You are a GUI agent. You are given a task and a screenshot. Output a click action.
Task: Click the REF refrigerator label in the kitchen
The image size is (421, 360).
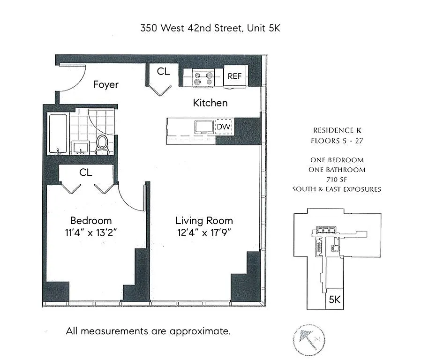click(234, 76)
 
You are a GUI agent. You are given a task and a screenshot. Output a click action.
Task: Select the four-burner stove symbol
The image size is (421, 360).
click(203, 77)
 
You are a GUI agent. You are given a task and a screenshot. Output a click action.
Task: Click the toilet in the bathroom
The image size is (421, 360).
click(102, 144)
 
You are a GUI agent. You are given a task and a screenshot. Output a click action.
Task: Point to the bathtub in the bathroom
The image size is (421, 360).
click(59, 134)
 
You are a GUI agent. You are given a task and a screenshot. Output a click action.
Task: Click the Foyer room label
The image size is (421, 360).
click(105, 85)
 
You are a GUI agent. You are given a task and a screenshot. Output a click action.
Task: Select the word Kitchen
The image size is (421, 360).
click(210, 103)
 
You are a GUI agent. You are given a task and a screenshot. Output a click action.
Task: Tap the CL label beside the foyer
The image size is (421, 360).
click(163, 72)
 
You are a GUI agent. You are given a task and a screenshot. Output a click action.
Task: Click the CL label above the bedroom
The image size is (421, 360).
click(85, 172)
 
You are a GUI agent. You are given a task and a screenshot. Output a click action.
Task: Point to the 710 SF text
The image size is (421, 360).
click(337, 180)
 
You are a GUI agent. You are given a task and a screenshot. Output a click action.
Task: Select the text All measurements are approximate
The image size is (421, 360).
click(148, 331)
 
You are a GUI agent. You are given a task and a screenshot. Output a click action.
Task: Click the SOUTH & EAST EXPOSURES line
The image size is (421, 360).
click(337, 189)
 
